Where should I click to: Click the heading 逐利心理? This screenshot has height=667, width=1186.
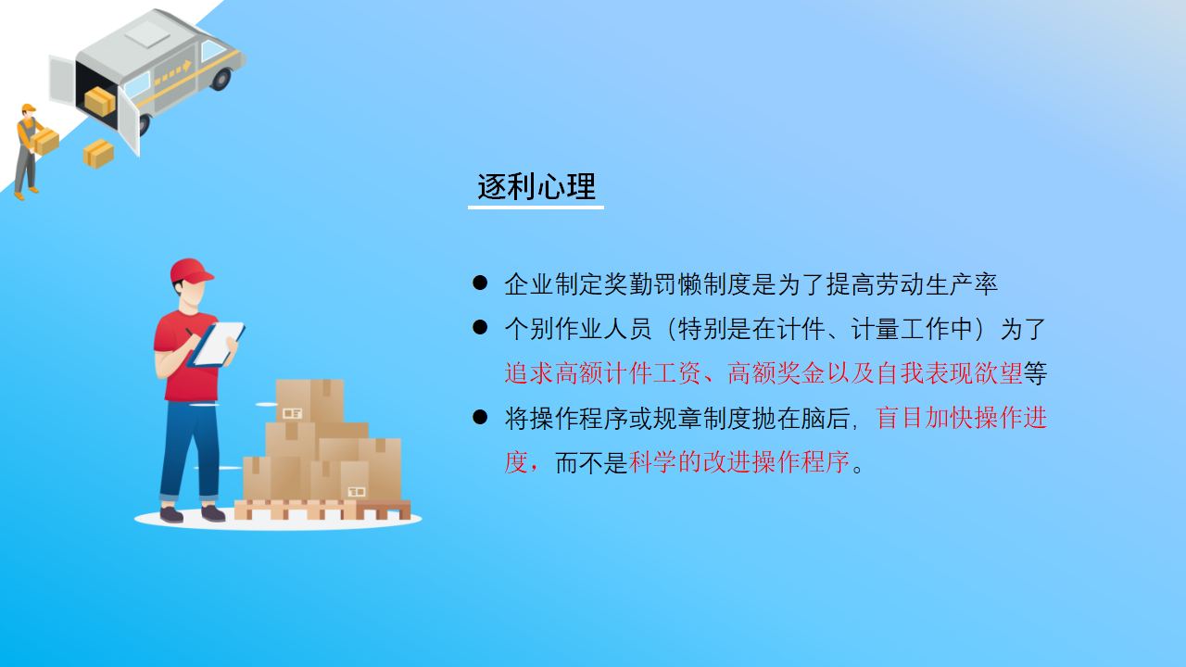[x=536, y=186]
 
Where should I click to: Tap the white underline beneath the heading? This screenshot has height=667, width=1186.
[x=536, y=207]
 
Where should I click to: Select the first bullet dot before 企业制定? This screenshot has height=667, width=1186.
[x=480, y=283]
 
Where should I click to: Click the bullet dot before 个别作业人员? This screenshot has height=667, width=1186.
[x=480, y=327]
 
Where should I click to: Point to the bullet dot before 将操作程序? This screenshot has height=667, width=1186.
[x=480, y=417]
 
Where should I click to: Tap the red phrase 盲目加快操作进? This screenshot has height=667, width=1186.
[x=961, y=418]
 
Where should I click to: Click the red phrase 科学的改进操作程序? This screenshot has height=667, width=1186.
[x=739, y=462]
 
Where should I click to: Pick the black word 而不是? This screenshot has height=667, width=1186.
[x=591, y=462]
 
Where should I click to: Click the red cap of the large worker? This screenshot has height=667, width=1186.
[x=191, y=271]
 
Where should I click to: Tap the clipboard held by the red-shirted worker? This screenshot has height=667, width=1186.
[x=217, y=345]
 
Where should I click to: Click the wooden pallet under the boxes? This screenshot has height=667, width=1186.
[x=322, y=510]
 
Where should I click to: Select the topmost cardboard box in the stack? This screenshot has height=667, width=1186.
[x=309, y=401]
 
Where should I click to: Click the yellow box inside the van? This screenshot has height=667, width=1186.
[x=99, y=102]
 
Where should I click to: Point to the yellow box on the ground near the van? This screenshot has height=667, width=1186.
[x=98, y=154]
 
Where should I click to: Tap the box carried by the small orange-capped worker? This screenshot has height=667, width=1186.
[x=45, y=142]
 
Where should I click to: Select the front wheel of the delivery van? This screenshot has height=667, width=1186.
[x=221, y=79]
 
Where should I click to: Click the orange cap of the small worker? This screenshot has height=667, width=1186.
[x=29, y=108]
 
